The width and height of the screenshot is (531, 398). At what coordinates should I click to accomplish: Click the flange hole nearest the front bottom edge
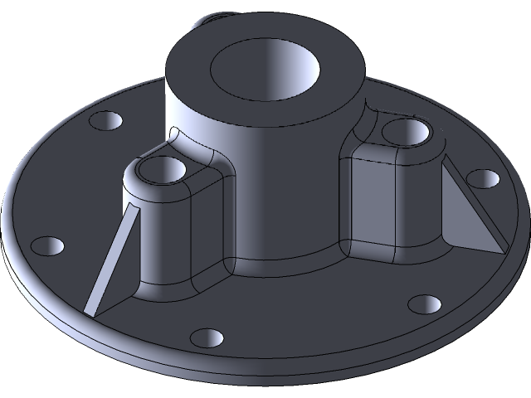coord(207,338)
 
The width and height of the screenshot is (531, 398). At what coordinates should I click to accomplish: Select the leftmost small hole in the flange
coord(46,246)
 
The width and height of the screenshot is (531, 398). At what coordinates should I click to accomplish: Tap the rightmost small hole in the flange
coord(482,178)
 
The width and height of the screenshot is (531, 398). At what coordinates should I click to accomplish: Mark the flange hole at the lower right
coord(426,303)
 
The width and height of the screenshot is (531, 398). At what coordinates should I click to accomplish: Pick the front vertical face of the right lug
coord(378,203)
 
